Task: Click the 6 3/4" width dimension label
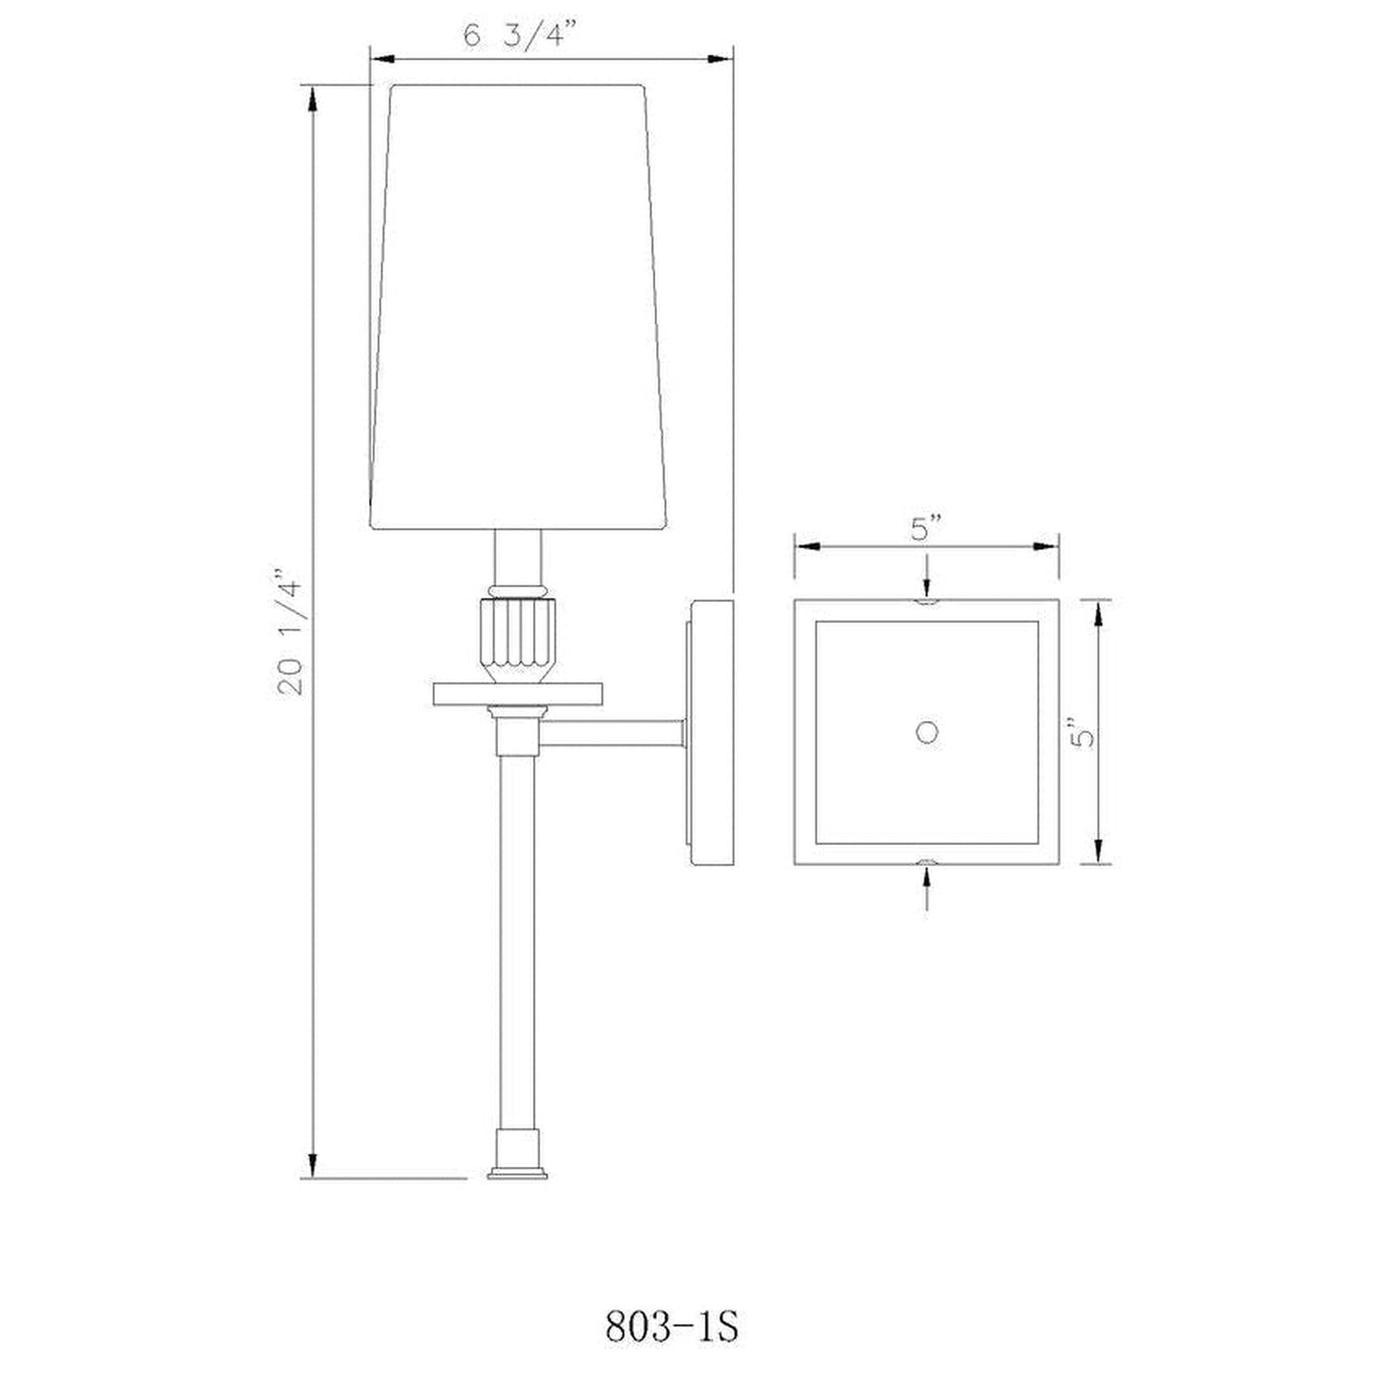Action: [x=520, y=34]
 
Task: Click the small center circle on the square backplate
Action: [x=927, y=733]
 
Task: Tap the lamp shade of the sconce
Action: [x=518, y=307]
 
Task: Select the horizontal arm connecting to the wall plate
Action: [x=612, y=734]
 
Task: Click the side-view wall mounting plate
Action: [x=711, y=732]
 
